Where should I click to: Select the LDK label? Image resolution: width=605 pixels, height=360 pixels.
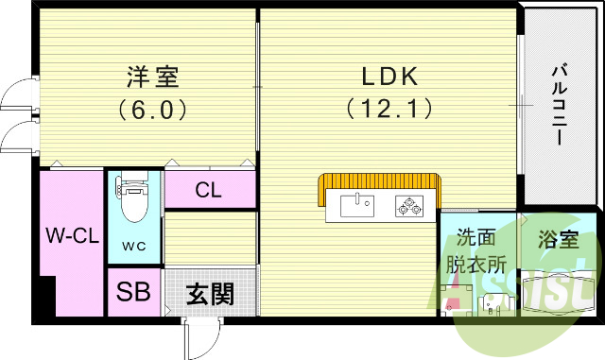pos(389,76)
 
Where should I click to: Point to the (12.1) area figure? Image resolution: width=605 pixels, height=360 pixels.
pos(389,109)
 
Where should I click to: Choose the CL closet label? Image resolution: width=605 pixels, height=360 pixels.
pos(208,190)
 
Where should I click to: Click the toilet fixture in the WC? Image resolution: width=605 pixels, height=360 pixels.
pos(133,202)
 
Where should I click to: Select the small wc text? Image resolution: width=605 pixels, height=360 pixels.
pos(133,249)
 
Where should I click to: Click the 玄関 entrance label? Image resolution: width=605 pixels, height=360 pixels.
pos(209,294)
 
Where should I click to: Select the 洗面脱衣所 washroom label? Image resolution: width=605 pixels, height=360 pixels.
pos(477,251)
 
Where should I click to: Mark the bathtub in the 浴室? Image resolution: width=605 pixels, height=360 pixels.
pos(560,293)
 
